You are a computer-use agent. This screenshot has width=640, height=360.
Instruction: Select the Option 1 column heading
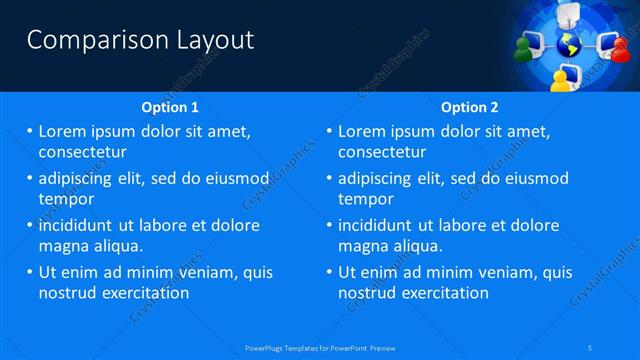(171, 107)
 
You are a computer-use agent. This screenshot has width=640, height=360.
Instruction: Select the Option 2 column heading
(470, 107)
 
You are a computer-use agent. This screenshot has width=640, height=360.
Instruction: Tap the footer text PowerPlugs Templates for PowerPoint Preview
(320, 347)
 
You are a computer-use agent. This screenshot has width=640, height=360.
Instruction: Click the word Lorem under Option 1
(61, 131)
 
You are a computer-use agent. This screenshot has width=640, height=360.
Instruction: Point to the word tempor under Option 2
(364, 199)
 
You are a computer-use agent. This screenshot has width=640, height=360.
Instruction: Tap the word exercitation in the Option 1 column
(144, 293)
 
